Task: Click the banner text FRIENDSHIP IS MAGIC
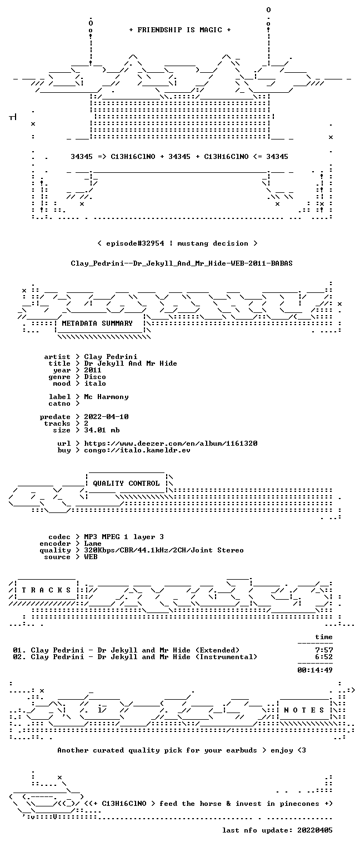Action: [x=179, y=30]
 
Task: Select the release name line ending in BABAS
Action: [x=182, y=263]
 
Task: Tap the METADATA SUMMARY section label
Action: [x=97, y=323]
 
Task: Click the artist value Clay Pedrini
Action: [x=111, y=357]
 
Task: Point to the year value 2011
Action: [x=93, y=370]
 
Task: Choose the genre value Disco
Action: [x=95, y=377]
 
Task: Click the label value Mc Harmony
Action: [x=106, y=397]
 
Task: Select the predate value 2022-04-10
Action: [x=106, y=417]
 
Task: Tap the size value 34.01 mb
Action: [x=102, y=430]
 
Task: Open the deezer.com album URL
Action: [x=171, y=444]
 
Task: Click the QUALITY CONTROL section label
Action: [x=126, y=484]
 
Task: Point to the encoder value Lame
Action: [x=93, y=544]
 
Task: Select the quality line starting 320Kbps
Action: [x=164, y=551]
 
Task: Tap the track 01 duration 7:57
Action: [x=324, y=650]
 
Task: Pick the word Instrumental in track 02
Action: [x=226, y=657]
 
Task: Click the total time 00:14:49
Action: [x=315, y=670]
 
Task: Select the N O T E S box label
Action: [x=304, y=710]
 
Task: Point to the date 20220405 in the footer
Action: [x=315, y=830]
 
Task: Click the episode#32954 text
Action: [x=135, y=243]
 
